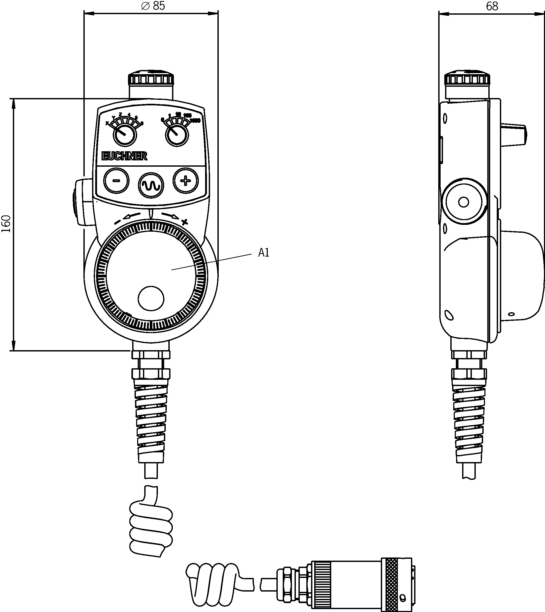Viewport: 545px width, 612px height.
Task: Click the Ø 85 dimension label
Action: [x=153, y=6]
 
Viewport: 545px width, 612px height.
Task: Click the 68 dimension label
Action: [x=492, y=6]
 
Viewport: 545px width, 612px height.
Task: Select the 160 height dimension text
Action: [x=6, y=224]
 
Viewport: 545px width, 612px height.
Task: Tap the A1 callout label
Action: [x=264, y=253]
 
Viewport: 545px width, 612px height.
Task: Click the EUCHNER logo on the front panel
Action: [x=124, y=156]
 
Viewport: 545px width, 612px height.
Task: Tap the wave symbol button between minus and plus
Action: [x=151, y=185]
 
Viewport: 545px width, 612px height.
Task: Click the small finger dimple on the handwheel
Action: [x=151, y=299]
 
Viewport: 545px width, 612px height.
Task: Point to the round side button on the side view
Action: [x=463, y=202]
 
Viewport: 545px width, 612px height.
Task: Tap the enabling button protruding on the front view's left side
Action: [x=83, y=202]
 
